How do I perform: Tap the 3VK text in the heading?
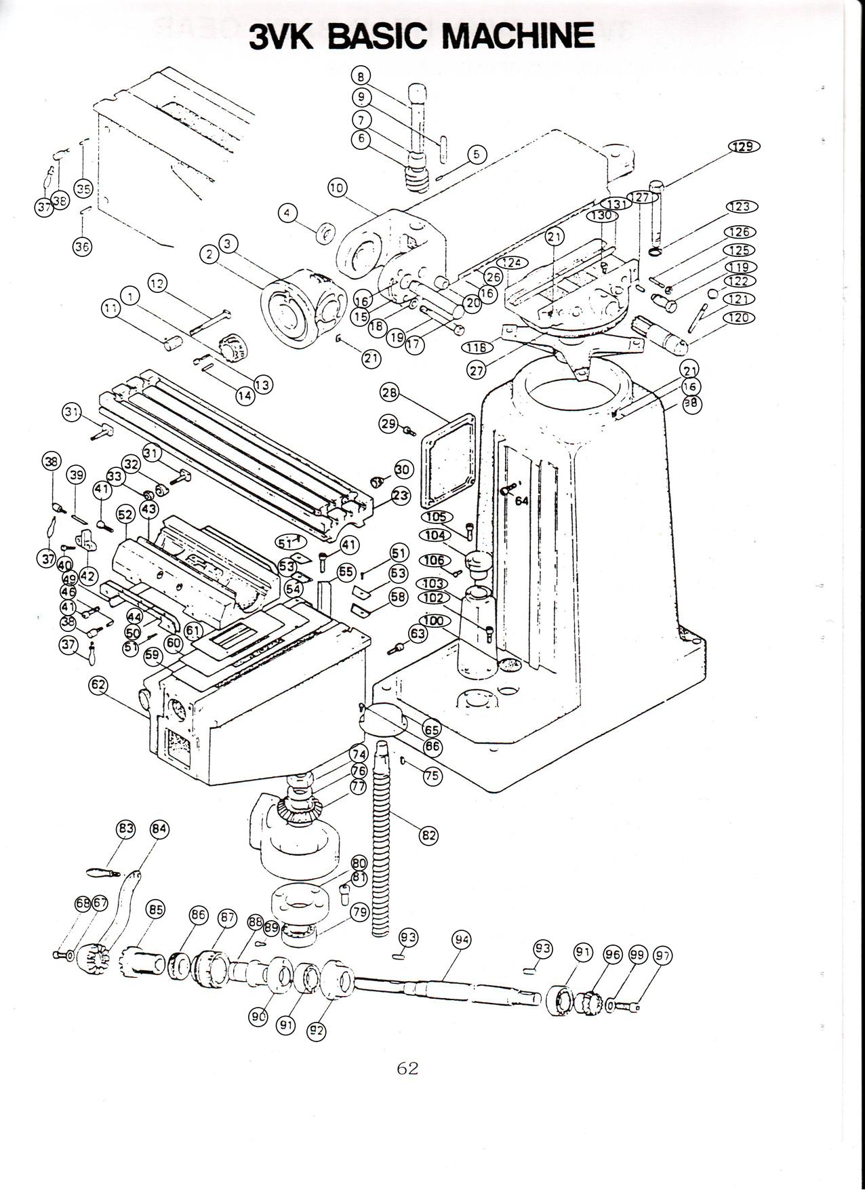click(x=281, y=37)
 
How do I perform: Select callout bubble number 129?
click(x=744, y=146)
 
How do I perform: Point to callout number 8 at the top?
click(x=361, y=75)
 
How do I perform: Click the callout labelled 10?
click(x=337, y=188)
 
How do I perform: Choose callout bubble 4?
click(x=287, y=213)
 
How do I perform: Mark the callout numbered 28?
click(x=390, y=393)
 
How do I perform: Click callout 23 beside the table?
click(x=401, y=496)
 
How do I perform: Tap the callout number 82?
click(x=428, y=835)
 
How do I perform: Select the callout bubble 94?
click(x=462, y=939)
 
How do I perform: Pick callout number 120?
click(x=738, y=317)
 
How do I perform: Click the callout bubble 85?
click(x=156, y=909)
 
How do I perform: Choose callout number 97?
click(x=662, y=955)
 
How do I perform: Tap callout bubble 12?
click(x=157, y=283)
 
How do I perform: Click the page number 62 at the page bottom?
click(x=407, y=1068)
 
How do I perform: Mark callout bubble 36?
click(x=82, y=247)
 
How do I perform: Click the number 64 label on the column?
click(x=521, y=501)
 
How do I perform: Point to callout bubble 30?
click(x=403, y=469)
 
